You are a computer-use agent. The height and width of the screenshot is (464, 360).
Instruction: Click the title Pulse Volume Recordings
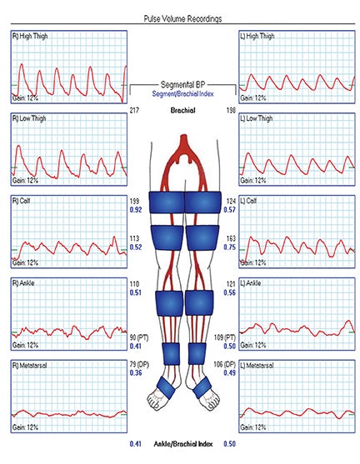tap(182, 19)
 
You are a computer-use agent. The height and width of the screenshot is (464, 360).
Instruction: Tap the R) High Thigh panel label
tap(30, 36)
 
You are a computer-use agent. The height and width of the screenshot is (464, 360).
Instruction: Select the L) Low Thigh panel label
tap(257, 118)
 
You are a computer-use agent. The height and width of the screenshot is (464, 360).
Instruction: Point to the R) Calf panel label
tap(21, 201)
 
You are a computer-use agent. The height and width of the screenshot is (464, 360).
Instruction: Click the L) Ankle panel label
tap(251, 283)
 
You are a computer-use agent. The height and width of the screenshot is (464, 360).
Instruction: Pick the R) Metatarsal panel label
tap(30, 365)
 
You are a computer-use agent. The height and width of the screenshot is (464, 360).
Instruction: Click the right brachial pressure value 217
tap(134, 110)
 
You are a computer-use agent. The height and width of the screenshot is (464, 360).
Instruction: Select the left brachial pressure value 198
tap(231, 110)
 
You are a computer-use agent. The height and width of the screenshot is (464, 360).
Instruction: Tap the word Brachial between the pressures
tap(182, 111)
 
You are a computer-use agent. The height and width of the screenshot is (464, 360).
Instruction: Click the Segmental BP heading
tap(182, 85)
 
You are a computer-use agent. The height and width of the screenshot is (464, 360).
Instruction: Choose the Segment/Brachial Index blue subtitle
tap(182, 93)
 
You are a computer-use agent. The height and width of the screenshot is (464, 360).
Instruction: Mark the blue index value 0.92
tap(136, 210)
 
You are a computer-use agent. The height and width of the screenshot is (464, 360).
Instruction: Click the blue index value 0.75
tap(229, 247)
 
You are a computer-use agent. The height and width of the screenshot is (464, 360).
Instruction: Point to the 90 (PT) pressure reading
tap(139, 337)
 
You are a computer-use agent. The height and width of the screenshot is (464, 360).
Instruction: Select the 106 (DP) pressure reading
tap(225, 364)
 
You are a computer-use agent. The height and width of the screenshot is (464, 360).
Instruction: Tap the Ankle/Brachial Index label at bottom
tap(183, 444)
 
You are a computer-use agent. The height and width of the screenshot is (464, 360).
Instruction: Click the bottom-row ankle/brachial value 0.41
tap(136, 444)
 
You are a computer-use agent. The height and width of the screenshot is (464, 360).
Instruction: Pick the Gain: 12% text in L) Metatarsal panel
tap(253, 427)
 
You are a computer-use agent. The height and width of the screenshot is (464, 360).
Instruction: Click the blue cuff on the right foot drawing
tap(166, 387)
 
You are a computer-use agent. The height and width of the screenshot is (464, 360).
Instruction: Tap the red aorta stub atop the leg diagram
tap(184, 140)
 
